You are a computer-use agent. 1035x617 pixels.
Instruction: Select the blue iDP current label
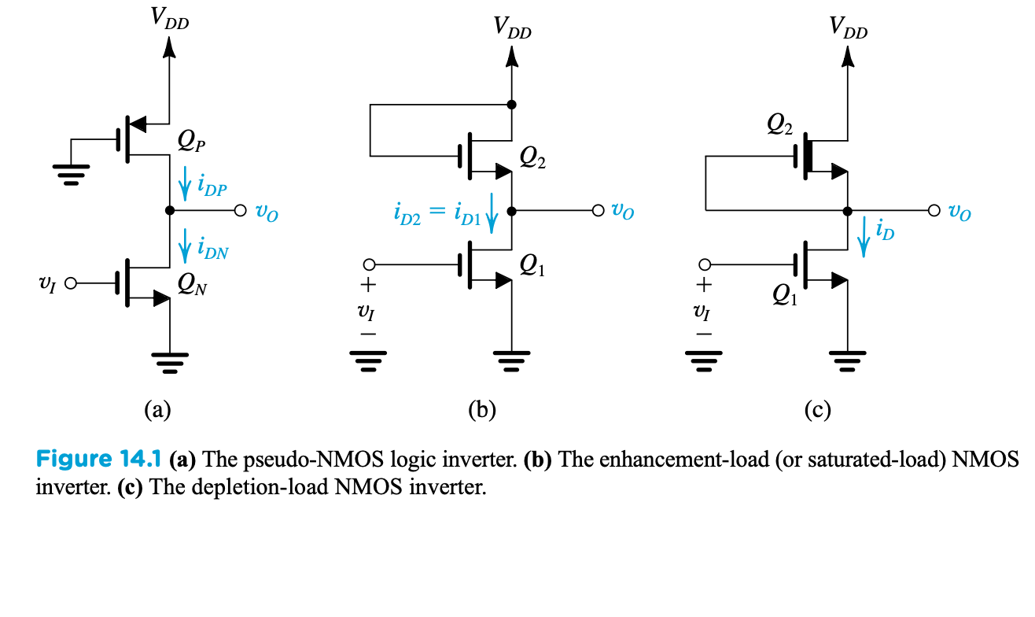click(x=212, y=185)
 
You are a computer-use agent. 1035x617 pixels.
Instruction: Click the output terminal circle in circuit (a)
click(x=241, y=211)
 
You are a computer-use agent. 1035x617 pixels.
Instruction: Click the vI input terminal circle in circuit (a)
click(x=70, y=283)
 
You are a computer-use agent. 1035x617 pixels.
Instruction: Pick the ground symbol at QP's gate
click(x=71, y=175)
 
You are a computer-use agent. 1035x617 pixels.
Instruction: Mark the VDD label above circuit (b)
click(x=513, y=28)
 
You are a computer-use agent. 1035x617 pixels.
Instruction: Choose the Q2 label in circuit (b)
click(x=532, y=157)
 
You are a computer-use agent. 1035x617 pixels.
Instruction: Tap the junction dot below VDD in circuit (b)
click(x=511, y=105)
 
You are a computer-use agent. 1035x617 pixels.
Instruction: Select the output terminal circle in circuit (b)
click(x=598, y=211)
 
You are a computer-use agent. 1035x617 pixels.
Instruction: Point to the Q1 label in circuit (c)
click(x=785, y=294)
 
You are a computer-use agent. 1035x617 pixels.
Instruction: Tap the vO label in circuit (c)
click(x=959, y=212)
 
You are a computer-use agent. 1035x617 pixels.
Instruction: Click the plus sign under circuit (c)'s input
click(x=704, y=284)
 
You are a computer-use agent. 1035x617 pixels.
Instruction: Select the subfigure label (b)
click(x=482, y=410)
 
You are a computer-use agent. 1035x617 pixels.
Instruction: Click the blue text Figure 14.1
click(x=98, y=459)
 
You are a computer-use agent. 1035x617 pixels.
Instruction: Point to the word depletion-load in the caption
click(x=260, y=487)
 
